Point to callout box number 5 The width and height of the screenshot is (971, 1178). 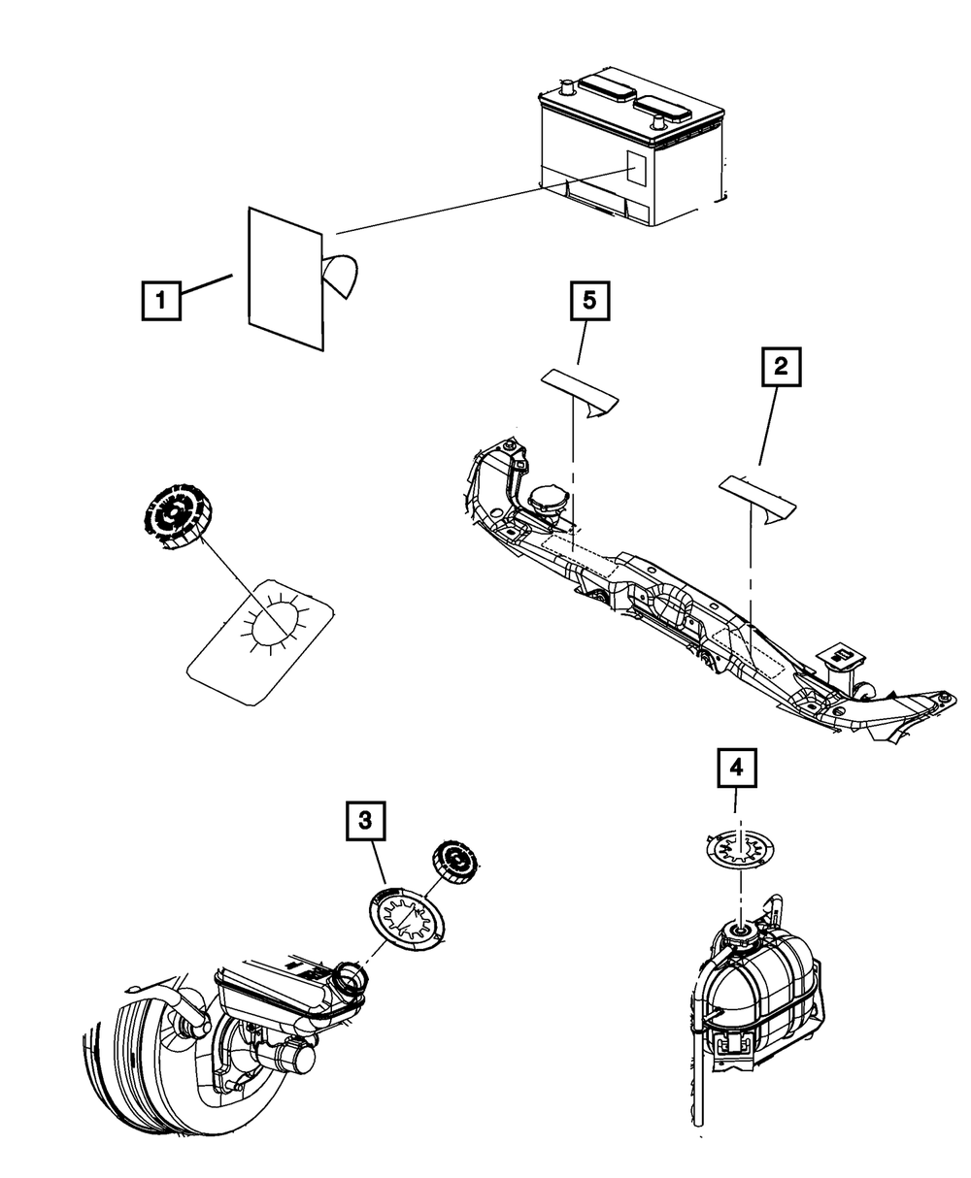[x=588, y=302]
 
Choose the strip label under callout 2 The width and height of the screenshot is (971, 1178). [x=756, y=496]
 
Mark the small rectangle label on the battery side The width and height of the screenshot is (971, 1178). [x=637, y=170]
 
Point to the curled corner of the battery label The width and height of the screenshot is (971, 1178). [x=343, y=275]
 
